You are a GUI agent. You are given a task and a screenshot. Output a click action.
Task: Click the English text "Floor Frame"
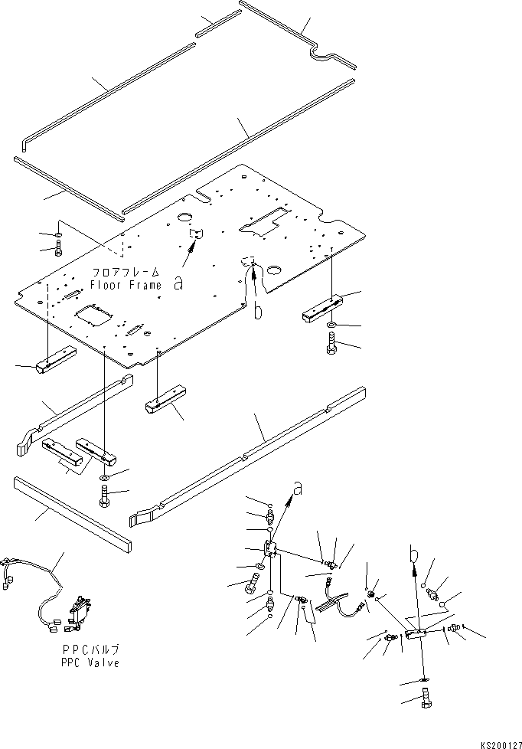point(126,285)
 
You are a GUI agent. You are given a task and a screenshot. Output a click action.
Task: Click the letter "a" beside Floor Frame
point(178,283)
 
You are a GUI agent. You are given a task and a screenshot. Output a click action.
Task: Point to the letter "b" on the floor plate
point(259,310)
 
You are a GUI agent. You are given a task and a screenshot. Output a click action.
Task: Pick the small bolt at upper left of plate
point(59,248)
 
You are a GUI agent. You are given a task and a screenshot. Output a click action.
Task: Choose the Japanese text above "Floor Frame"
point(126,272)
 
